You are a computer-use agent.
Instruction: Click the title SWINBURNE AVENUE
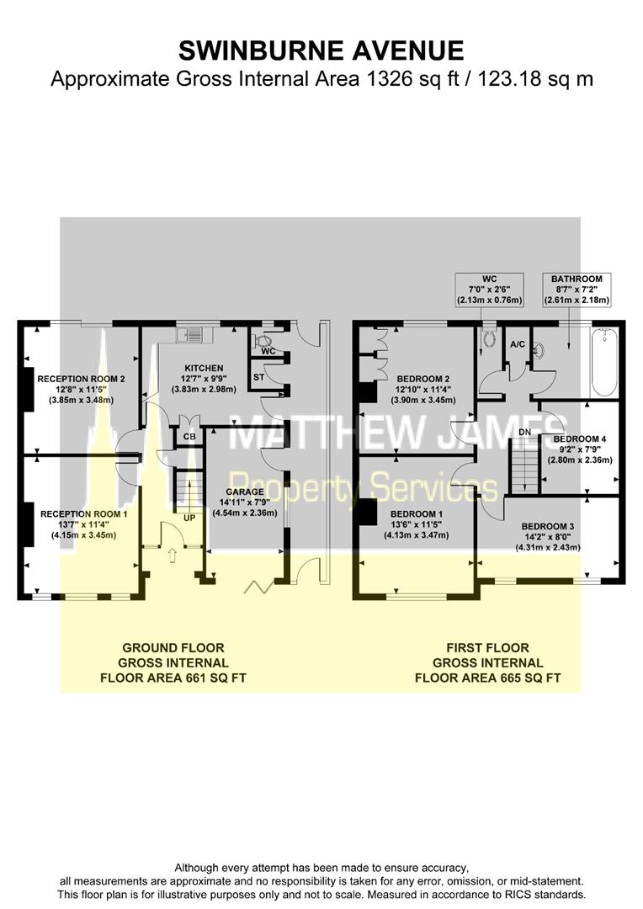tap(321, 50)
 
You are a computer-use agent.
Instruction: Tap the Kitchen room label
tap(204, 368)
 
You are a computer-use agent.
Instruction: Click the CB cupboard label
tap(189, 437)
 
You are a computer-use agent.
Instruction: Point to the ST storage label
tap(258, 377)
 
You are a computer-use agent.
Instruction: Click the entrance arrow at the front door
tap(172, 555)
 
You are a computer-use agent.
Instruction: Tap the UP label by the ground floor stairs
tap(189, 518)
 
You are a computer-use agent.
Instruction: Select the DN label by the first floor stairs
tap(524, 433)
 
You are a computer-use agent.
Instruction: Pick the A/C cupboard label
tap(518, 344)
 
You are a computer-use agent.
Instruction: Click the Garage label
tap(245, 492)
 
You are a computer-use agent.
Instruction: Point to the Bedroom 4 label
tap(580, 439)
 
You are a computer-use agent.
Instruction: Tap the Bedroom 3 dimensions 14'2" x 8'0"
tap(547, 537)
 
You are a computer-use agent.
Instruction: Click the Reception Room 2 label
tap(81, 379)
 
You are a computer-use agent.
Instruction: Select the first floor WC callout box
tap(489, 290)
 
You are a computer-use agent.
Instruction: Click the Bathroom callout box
tap(577, 290)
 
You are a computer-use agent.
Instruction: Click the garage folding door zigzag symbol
tap(258, 587)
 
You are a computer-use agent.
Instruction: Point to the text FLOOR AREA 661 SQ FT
tap(173, 678)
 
